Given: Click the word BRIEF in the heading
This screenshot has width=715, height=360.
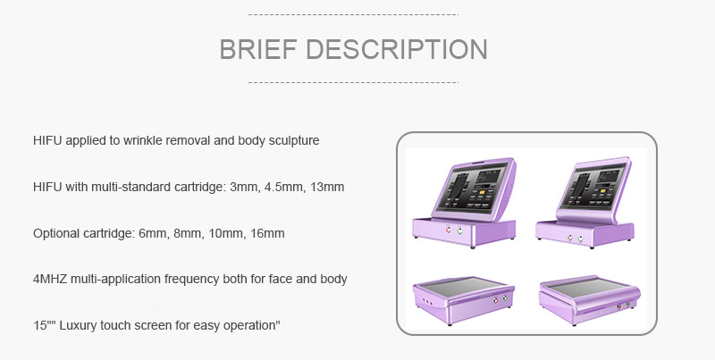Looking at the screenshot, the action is (258, 49).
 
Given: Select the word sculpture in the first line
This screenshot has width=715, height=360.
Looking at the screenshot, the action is (294, 141).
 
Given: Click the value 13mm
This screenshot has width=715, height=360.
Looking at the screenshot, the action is (327, 187).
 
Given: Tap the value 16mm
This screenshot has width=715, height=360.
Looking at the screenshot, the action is (267, 233).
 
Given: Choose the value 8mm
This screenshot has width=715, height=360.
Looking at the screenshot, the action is (188, 233).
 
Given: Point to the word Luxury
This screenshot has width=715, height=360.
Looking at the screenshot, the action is (78, 325).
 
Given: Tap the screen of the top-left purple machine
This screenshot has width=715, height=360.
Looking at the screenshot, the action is (471, 188).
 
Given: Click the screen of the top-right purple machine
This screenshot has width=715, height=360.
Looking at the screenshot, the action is (591, 186).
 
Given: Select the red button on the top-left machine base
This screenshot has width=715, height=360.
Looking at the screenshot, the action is (449, 230).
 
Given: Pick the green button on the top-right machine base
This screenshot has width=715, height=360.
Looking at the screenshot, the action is (580, 239).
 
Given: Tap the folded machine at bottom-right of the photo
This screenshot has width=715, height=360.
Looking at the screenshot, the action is (589, 298).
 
